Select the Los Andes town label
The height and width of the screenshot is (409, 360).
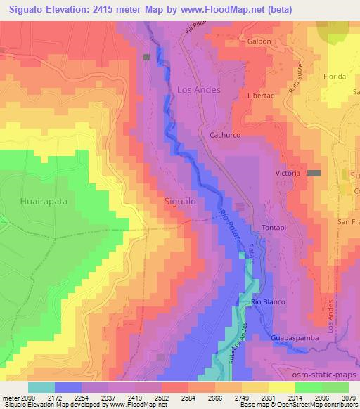(198, 90)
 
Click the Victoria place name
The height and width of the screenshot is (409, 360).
(288, 173)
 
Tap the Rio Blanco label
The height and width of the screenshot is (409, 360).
(267, 301)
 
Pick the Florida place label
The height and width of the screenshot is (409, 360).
(334, 76)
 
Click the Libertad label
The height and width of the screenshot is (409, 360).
(261, 96)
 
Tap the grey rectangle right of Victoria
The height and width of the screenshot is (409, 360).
(314, 173)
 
